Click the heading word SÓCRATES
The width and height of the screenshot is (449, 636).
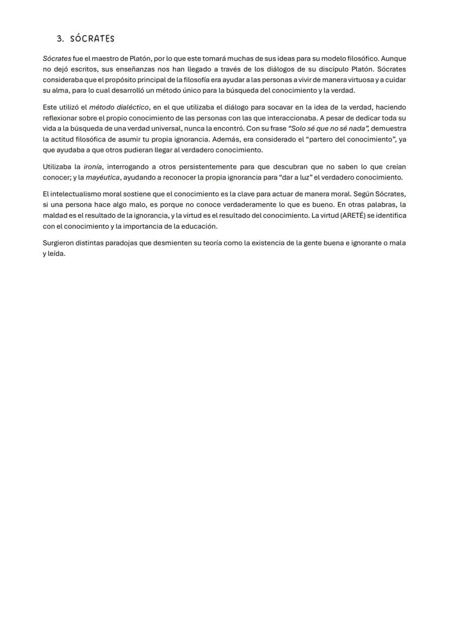92,39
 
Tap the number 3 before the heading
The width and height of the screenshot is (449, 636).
59,39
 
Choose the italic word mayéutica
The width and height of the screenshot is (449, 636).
102,178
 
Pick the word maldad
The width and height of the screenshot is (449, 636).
54,216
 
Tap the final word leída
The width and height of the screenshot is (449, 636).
56,254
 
